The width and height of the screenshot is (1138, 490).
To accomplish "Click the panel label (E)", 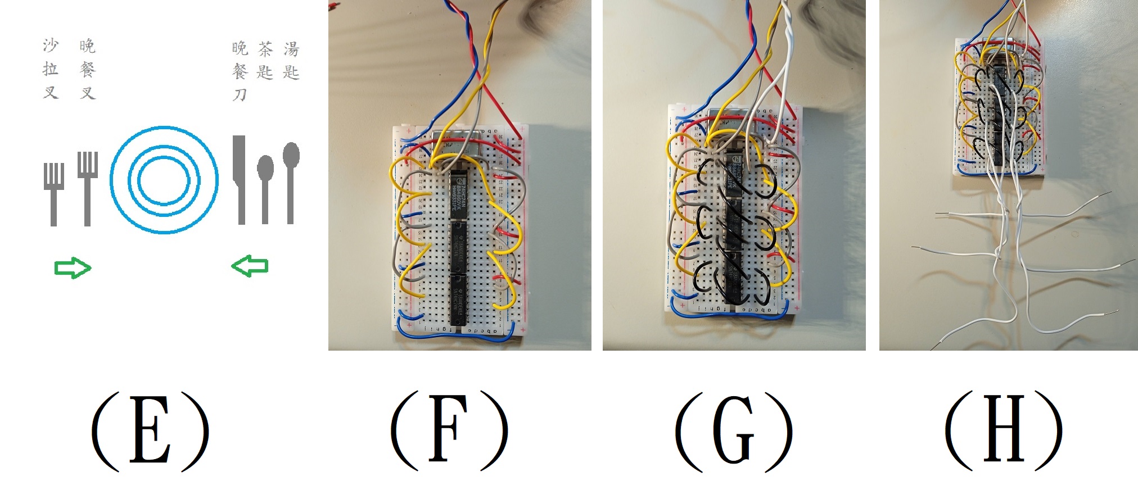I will click(x=150, y=430).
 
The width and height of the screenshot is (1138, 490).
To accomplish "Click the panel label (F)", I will click(x=449, y=430).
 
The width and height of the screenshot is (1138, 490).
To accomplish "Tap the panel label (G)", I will click(x=733, y=430).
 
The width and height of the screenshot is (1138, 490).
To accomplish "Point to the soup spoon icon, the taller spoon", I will click(x=291, y=180).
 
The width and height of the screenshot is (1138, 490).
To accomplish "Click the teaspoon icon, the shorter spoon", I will click(x=265, y=188).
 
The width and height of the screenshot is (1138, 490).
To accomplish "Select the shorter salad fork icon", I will click(x=53, y=194).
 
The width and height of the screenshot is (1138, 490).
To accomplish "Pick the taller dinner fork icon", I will click(x=87, y=188).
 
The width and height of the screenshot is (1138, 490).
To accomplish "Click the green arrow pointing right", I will click(x=73, y=268).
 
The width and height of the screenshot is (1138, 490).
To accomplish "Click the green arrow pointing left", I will click(x=250, y=265).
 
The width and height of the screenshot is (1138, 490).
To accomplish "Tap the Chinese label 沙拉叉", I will click(x=51, y=69).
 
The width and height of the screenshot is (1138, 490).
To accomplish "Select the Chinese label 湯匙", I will click(x=291, y=61).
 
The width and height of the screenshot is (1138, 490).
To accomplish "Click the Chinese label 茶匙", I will click(x=265, y=61).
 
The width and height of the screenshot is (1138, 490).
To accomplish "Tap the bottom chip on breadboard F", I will click(x=458, y=301).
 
